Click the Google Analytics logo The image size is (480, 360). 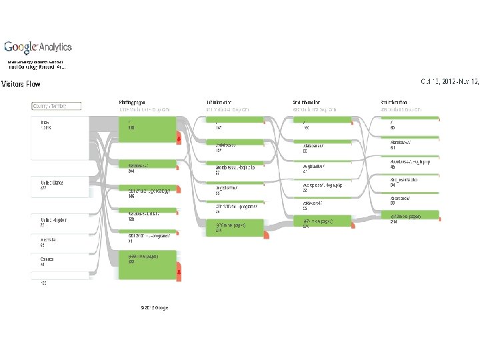point(38,47)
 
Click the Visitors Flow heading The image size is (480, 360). point(21,84)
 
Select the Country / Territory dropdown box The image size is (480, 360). point(57,105)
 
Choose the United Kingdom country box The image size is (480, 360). point(60,223)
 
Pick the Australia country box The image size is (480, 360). point(60,243)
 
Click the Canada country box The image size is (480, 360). point(60,262)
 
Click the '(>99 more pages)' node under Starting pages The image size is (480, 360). point(147,265)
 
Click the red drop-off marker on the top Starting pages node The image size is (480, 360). point(179,138)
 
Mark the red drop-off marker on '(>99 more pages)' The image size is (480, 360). point(179,272)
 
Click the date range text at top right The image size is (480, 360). point(449,81)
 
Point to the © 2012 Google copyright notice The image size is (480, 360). point(154,307)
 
